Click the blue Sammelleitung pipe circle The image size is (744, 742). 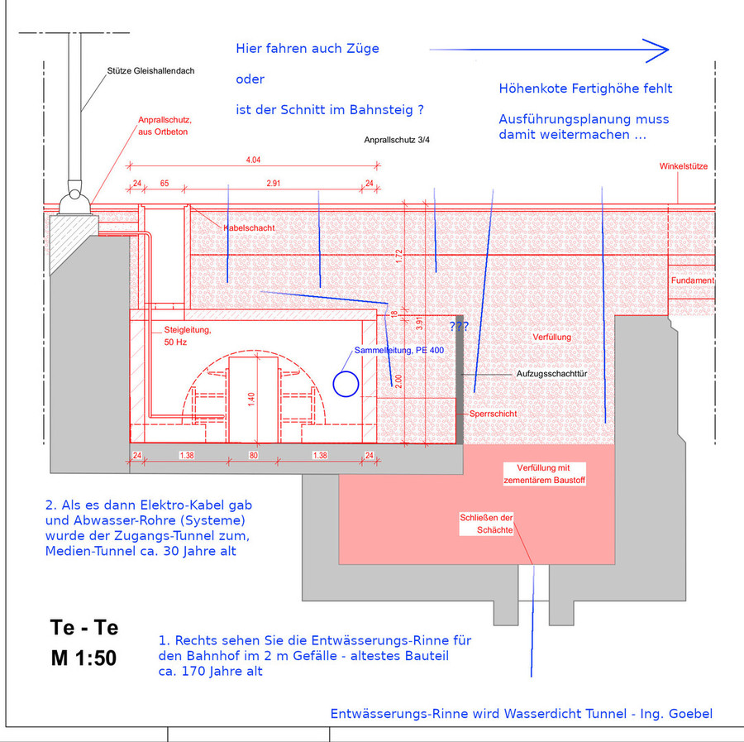[346, 383]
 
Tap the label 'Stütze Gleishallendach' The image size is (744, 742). [150, 71]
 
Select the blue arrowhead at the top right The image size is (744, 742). [658, 50]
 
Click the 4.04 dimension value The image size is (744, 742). [253, 159]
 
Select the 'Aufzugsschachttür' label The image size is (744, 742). [551, 374]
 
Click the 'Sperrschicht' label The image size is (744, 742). [493, 413]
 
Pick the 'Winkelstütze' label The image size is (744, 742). [684, 166]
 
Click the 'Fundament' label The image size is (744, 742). [692, 280]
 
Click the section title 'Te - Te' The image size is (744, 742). [83, 627]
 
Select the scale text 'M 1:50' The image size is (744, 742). [83, 658]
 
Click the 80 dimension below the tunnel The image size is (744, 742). [254, 455]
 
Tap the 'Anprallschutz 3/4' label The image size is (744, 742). [397, 141]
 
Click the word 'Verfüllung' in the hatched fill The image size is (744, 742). [551, 337]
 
